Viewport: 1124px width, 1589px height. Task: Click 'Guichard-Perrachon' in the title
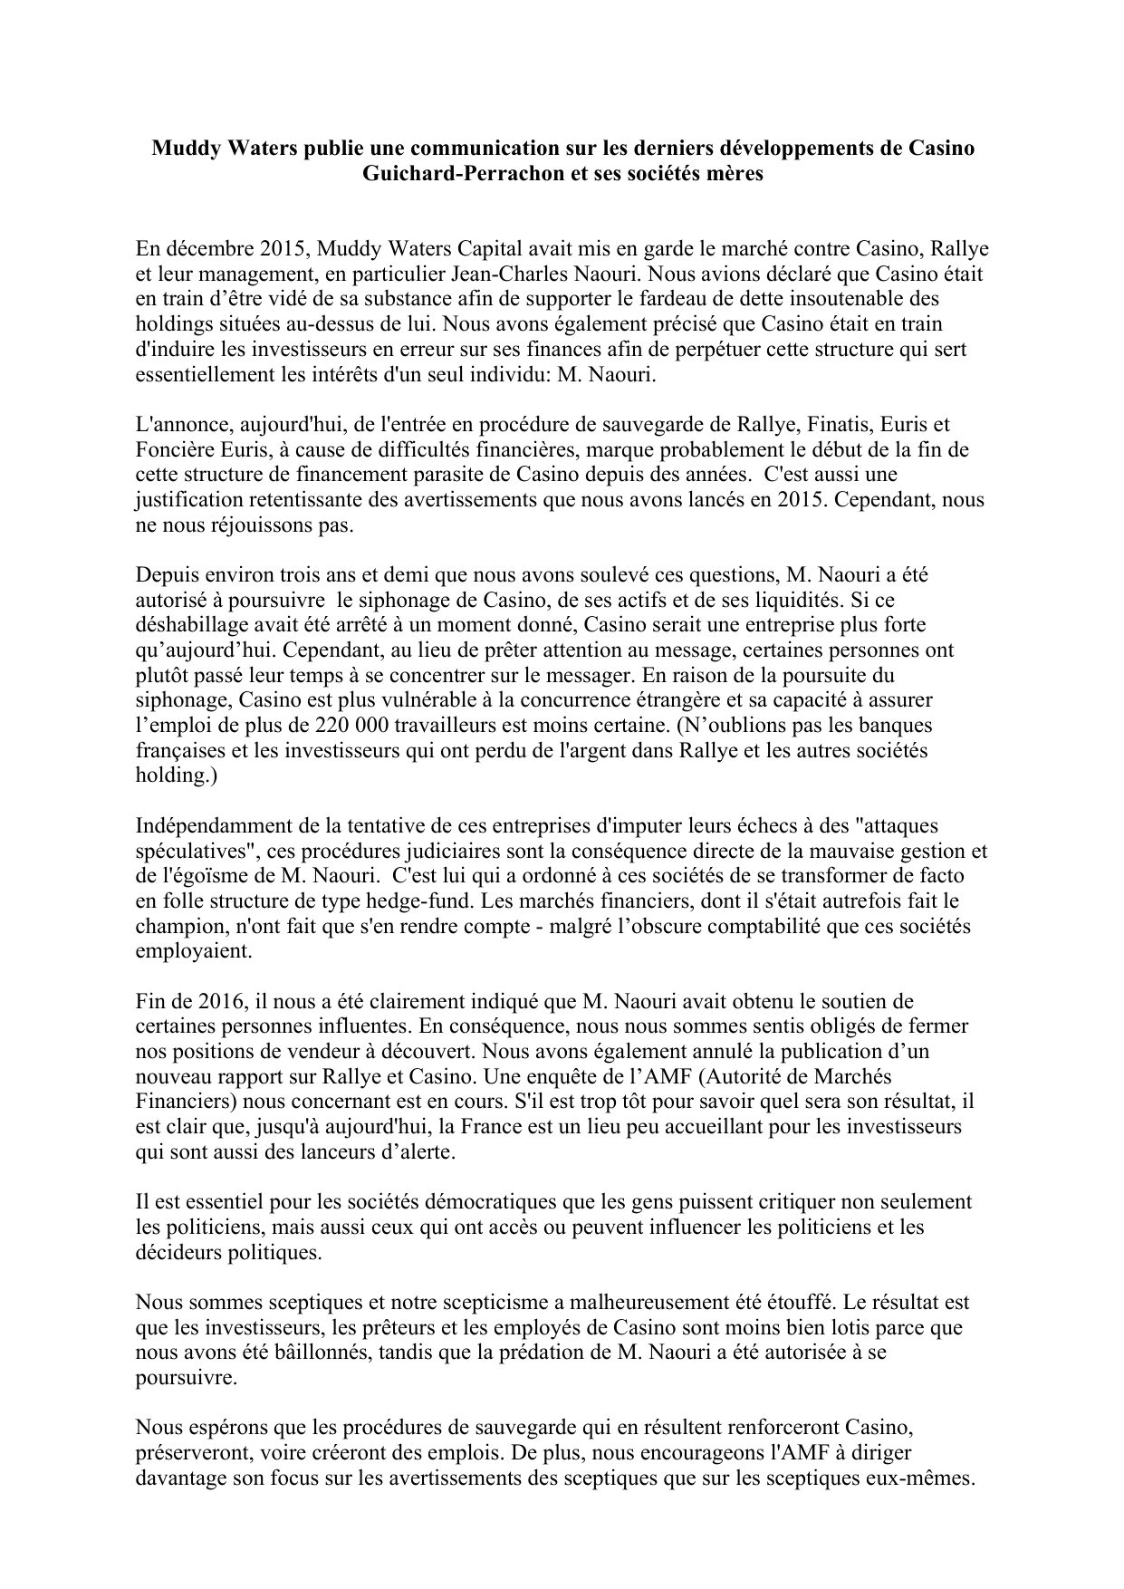[441, 174]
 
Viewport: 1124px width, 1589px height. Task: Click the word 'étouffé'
[794, 1303]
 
